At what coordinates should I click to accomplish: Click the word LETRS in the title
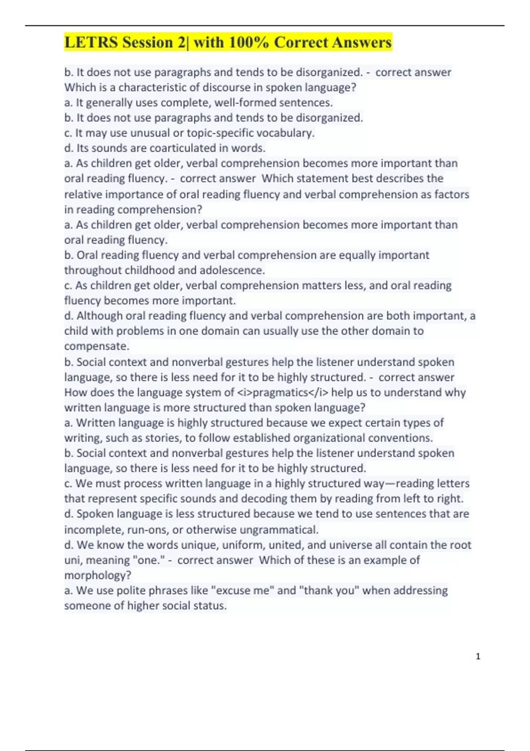(x=91, y=42)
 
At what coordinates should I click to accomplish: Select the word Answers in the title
(x=362, y=42)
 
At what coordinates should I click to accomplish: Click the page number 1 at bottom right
(x=478, y=656)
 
